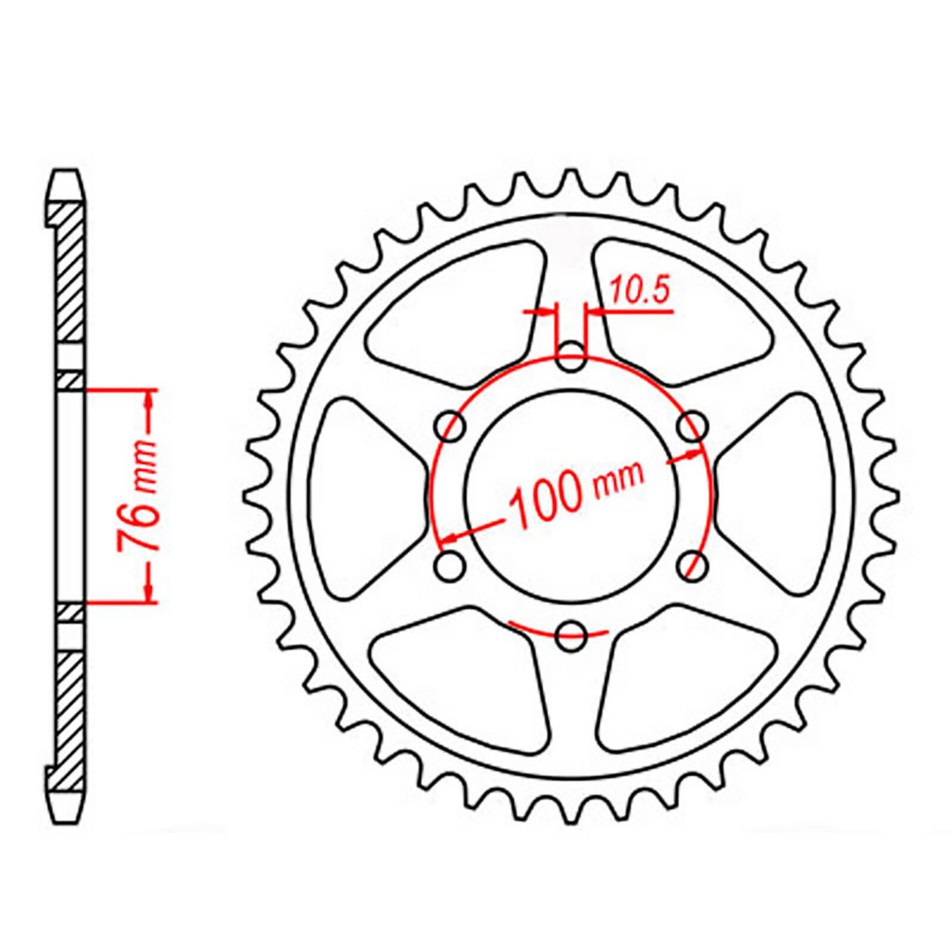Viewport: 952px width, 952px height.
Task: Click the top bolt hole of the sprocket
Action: (x=571, y=356)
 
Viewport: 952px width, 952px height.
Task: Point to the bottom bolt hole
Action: (x=571, y=636)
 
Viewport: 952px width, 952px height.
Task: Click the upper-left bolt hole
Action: (x=450, y=426)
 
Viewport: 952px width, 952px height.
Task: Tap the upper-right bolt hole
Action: (x=693, y=426)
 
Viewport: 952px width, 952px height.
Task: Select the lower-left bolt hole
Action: (x=450, y=566)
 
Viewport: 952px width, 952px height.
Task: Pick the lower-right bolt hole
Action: (x=693, y=566)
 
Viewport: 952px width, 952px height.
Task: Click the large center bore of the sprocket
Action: (x=571, y=496)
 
